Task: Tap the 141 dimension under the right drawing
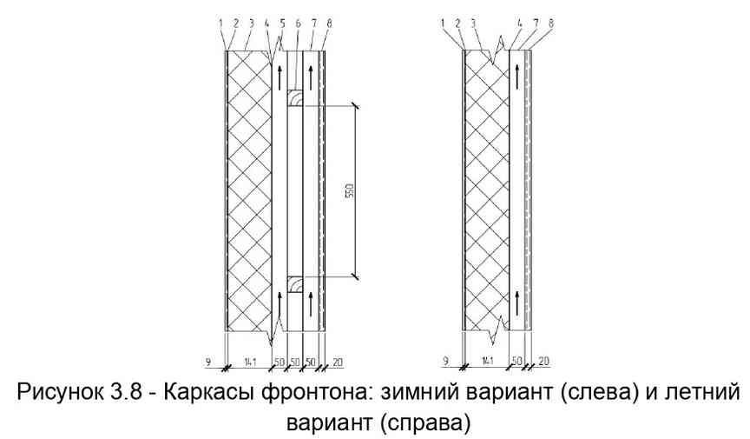pos(486,359)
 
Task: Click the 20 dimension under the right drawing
pos(544,359)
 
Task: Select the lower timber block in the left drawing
pos(295,284)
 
